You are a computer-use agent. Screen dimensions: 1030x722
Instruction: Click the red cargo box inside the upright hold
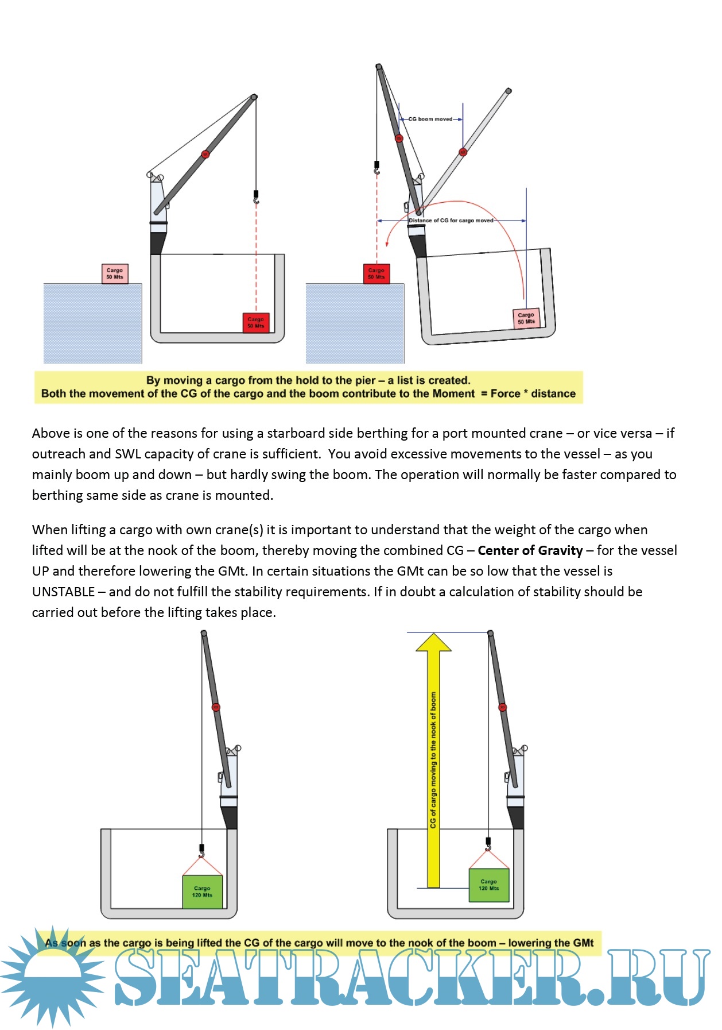coord(255,322)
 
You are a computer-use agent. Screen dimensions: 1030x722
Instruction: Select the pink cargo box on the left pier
coord(115,273)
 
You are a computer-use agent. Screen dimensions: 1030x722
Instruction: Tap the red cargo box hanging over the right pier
coord(376,273)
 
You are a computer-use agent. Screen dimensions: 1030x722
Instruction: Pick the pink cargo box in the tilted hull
coord(526,318)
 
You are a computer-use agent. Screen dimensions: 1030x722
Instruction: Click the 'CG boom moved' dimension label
coord(430,119)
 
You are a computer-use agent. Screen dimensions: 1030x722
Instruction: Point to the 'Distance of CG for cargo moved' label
coord(451,221)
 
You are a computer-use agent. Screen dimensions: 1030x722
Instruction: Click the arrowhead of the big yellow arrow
coord(433,643)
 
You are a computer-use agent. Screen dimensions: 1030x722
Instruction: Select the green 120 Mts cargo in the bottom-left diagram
coord(202,892)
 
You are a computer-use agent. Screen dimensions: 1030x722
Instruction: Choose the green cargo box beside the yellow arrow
coord(489,885)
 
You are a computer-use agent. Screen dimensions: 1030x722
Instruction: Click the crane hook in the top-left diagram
coord(256,198)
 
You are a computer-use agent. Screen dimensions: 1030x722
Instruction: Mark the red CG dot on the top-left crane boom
coord(205,154)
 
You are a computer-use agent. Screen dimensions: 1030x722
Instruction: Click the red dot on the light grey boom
coord(463,152)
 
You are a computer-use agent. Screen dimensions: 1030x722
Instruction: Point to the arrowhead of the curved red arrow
coord(387,243)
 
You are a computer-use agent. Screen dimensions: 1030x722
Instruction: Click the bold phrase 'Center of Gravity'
coord(530,550)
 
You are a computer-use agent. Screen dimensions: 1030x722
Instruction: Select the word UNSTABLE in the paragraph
coord(63,592)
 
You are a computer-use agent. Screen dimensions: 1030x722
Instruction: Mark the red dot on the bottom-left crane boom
coord(216,707)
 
